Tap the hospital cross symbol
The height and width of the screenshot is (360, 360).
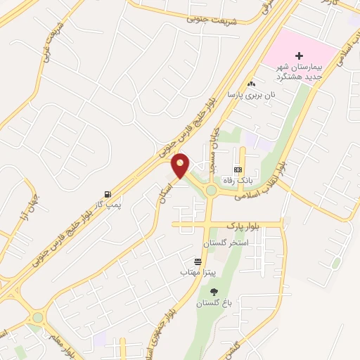[x=299, y=55]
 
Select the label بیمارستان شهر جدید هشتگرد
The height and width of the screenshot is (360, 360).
[x=299, y=70]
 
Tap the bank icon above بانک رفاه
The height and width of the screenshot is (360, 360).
[x=238, y=170]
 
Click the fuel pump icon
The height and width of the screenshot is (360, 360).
[x=107, y=193]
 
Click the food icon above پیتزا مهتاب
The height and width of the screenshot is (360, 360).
[x=199, y=261]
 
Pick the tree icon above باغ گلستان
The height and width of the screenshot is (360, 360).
[x=214, y=292]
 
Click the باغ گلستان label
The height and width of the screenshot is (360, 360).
[x=213, y=303]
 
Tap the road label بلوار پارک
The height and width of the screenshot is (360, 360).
[x=242, y=224]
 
